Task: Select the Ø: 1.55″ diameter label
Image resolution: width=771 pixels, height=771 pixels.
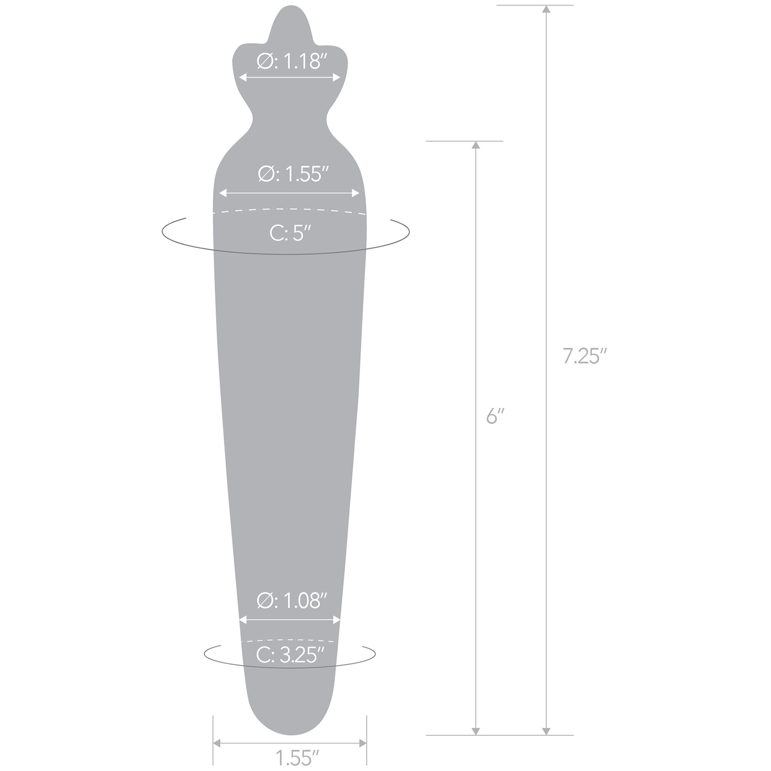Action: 293,174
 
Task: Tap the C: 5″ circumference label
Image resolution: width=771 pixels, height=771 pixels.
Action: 290,234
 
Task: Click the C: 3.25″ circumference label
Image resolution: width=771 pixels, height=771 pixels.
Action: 290,655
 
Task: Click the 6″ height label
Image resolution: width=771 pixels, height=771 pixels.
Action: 495,416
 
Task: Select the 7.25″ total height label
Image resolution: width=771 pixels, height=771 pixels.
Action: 585,356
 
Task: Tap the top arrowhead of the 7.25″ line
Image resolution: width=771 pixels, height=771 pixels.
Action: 546,9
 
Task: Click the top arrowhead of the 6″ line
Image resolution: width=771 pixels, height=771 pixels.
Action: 475,145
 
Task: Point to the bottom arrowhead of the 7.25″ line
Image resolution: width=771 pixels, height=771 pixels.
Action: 546,731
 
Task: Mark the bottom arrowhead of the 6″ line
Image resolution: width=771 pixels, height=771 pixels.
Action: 475,731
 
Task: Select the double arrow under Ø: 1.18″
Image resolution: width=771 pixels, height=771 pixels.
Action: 290,78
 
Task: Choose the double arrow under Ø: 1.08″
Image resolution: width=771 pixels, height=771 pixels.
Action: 290,619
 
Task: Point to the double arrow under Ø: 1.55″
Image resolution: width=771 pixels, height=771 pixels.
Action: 290,193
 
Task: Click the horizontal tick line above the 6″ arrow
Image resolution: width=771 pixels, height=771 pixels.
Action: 464,141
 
